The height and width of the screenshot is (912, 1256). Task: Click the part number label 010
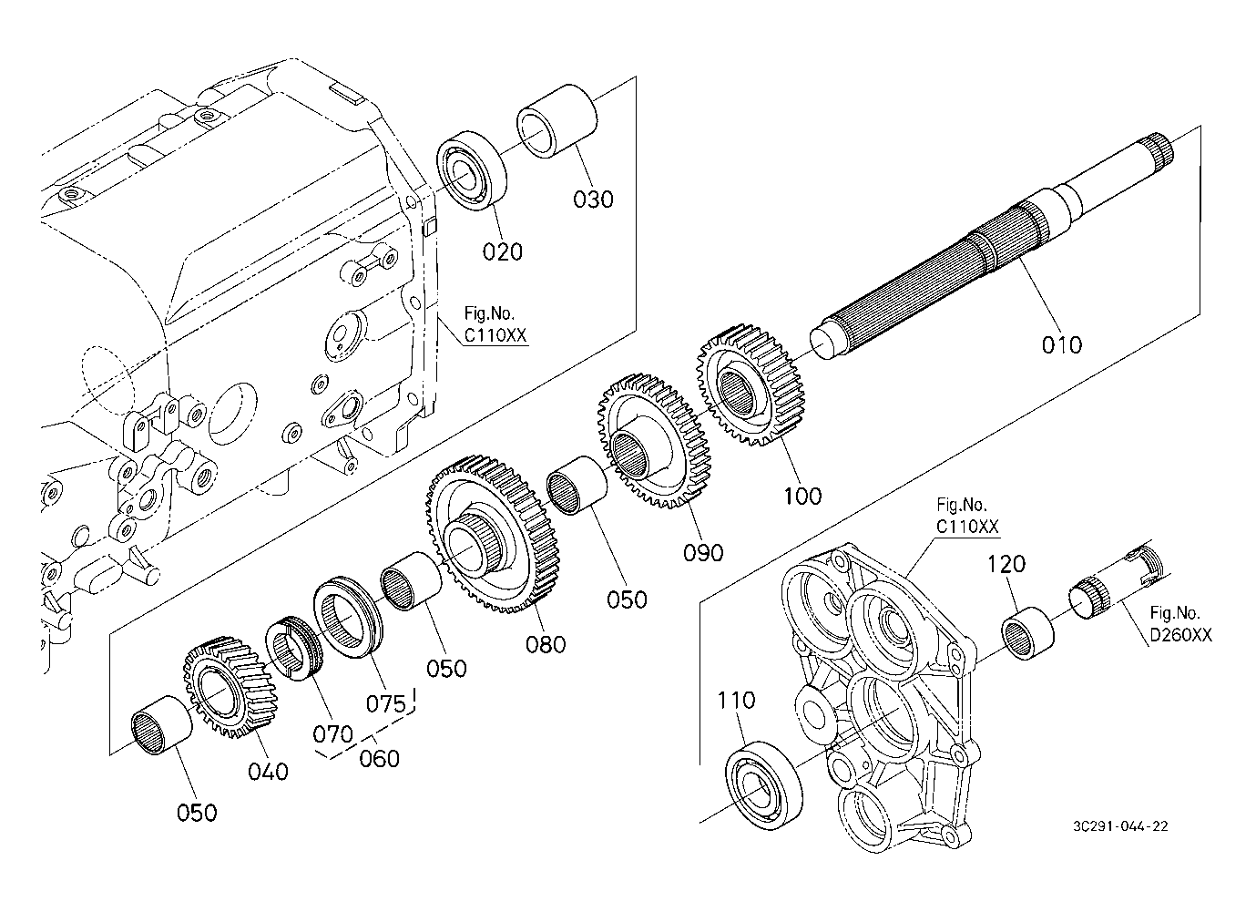click(x=1062, y=344)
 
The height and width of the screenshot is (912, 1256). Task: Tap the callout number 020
click(x=503, y=251)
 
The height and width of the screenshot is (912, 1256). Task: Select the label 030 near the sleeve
click(x=593, y=199)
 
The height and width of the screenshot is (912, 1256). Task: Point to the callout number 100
click(x=802, y=496)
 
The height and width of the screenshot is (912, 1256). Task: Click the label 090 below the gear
click(x=703, y=552)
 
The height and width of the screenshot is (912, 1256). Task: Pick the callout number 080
click(x=546, y=644)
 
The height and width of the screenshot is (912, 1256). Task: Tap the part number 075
click(x=385, y=703)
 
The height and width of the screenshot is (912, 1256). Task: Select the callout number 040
click(x=268, y=771)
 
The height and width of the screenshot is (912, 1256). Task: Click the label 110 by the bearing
click(x=736, y=700)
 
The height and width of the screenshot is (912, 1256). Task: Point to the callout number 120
click(x=1006, y=564)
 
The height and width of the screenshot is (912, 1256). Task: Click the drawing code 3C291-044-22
click(x=1120, y=826)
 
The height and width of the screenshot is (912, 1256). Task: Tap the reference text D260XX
click(x=1180, y=635)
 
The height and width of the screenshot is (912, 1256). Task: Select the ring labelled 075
click(x=349, y=619)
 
